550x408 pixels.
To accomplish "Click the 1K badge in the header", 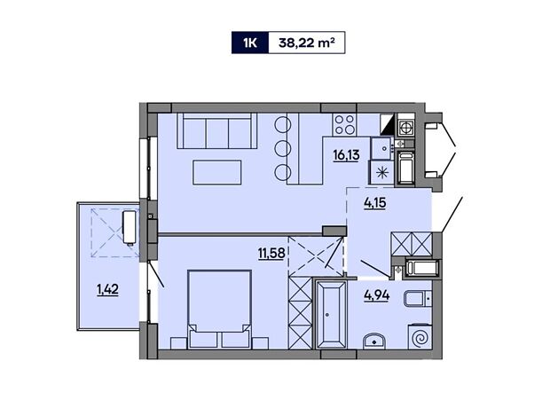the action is pos(250,43).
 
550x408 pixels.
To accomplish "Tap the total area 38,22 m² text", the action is pos(306,43).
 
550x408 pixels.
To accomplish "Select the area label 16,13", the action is pos(346,154).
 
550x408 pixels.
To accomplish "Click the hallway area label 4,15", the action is pos(375,202).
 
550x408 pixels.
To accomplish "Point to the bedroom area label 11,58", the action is pos(271,253).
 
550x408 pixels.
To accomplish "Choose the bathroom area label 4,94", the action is pos(377,295).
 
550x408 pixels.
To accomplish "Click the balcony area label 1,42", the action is pos(107,290).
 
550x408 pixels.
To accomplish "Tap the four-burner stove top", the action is pos(344,124).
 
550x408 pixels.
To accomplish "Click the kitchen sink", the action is pos(381,148).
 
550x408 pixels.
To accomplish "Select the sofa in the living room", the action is pos(217,130).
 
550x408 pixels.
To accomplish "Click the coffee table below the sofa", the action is pos(217,172).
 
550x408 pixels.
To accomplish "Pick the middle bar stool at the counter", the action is pos(283,149).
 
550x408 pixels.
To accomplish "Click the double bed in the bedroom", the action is pos(220,309).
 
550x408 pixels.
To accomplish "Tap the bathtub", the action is pos(331,314).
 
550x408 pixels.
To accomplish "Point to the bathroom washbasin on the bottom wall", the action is pos(374,341).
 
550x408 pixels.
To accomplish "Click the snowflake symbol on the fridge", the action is pos(382,173).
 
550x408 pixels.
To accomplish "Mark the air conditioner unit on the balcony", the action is pos(129,227).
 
